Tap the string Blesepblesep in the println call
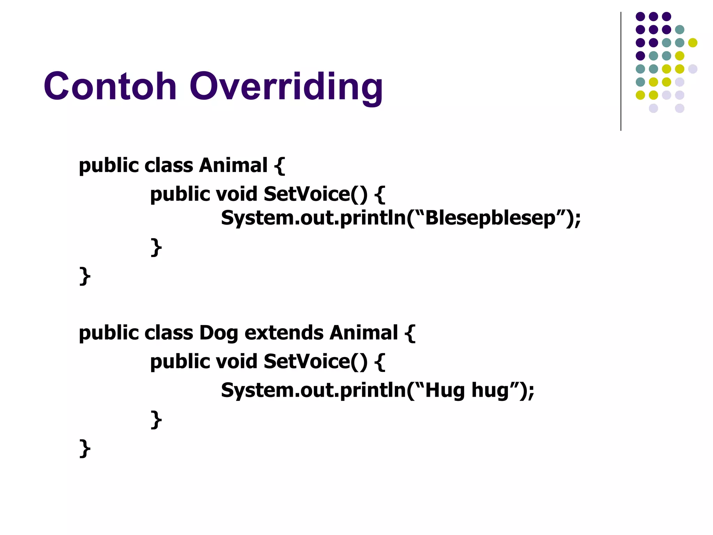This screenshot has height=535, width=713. [490, 218]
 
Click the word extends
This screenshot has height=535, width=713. [284, 333]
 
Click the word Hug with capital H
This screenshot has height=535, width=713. [445, 390]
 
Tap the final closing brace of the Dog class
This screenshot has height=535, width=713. [85, 449]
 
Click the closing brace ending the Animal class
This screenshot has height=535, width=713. [85, 276]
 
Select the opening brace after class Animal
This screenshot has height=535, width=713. [279, 165]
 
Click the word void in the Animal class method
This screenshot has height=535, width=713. [236, 194]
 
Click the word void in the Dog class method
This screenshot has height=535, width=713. [236, 362]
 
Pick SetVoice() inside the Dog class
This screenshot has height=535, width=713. [315, 362]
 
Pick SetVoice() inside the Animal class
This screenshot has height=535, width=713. [315, 194]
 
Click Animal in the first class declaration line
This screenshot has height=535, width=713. [233, 165]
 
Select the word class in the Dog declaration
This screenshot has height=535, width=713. [169, 333]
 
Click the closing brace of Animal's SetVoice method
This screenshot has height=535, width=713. [156, 247]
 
